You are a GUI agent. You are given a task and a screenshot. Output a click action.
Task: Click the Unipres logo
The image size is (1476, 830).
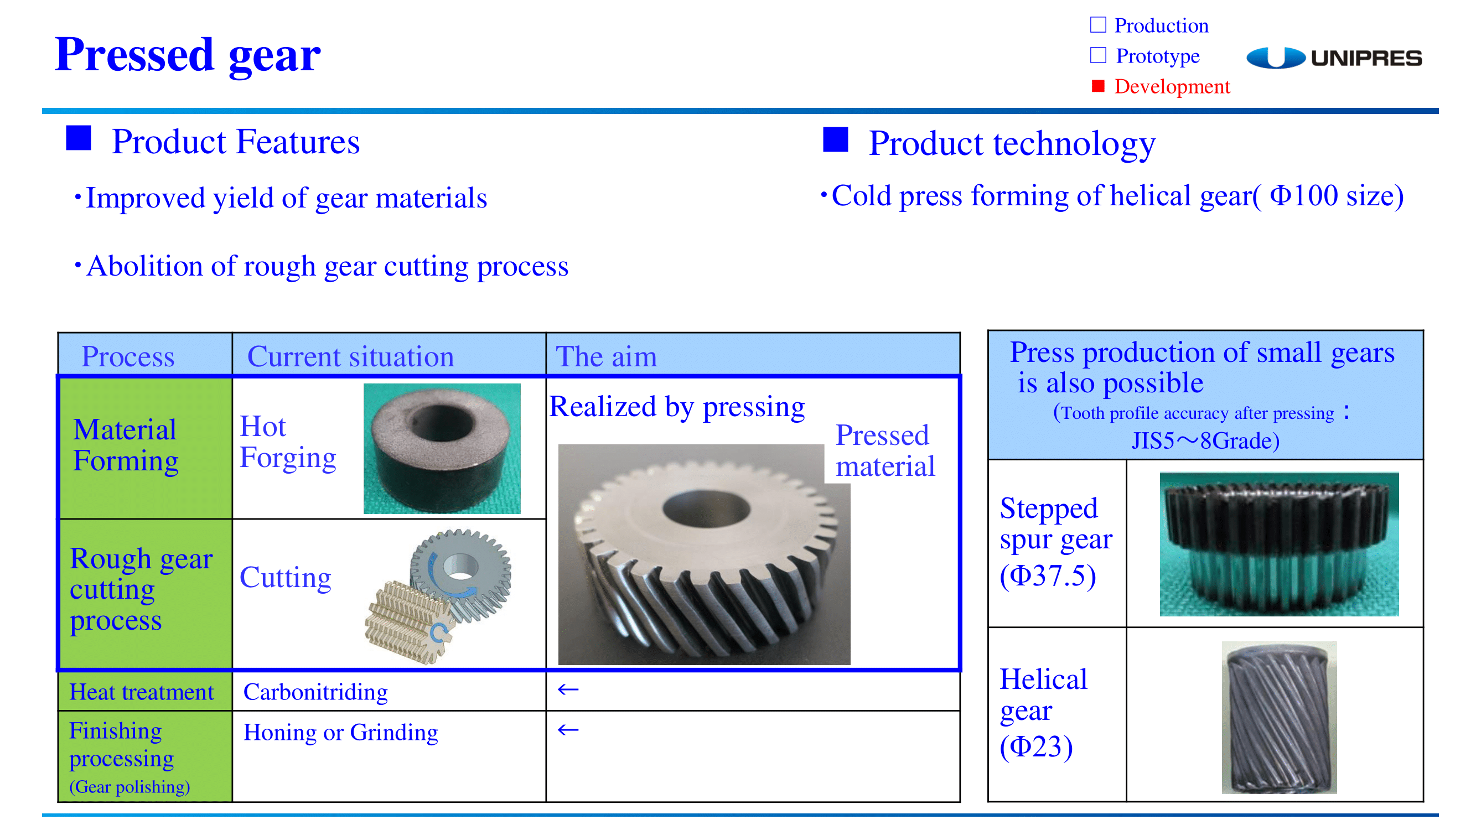click(1333, 58)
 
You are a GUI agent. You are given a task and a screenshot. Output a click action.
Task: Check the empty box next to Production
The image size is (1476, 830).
click(1098, 25)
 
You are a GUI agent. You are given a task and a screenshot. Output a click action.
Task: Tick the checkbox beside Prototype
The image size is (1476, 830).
click(1098, 55)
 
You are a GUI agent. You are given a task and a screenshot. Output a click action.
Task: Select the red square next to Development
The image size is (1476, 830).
click(1098, 86)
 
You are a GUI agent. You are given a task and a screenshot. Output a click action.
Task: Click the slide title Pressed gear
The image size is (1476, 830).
click(188, 55)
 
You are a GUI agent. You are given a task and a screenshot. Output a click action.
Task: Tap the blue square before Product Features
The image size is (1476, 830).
click(79, 139)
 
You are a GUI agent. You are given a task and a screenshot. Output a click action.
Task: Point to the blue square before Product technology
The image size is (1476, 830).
click(836, 140)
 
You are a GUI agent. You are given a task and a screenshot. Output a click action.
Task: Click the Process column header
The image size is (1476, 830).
click(128, 356)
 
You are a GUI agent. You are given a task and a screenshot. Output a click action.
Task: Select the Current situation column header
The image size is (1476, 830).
click(351, 356)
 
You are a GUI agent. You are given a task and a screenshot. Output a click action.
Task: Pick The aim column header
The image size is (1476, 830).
click(606, 356)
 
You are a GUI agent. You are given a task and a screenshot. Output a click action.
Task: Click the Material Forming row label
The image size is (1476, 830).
click(126, 445)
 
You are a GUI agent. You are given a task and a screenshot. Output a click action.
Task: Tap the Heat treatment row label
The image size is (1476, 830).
click(142, 692)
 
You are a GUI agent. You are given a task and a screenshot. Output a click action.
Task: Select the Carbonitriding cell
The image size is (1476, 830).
click(315, 692)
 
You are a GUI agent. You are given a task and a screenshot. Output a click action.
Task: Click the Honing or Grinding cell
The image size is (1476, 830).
click(341, 733)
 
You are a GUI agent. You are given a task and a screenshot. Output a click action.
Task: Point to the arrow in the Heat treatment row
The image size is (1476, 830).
click(568, 689)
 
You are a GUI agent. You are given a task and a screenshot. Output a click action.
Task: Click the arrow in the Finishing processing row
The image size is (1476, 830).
click(568, 730)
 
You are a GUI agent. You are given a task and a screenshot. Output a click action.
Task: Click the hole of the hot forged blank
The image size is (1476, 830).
click(441, 423)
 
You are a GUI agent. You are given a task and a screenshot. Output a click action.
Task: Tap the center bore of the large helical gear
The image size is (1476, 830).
click(706, 508)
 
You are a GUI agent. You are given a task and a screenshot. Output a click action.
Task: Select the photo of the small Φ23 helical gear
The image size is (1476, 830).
click(1279, 717)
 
